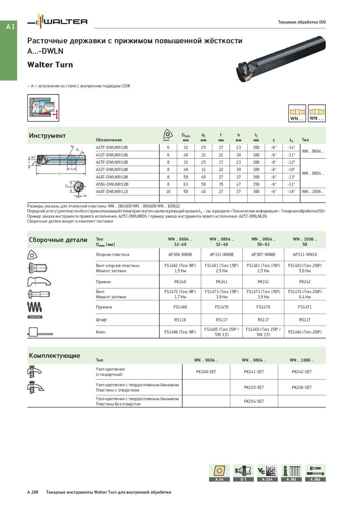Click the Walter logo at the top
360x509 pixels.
pyautogui.click(x=57, y=22)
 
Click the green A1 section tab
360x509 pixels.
pyautogui.click(x=10, y=27)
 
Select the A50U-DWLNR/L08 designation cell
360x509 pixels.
pyautogui.click(x=112, y=184)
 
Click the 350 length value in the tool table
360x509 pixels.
pyautogui.click(x=256, y=184)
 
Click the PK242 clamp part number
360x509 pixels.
pyautogui.click(x=305, y=282)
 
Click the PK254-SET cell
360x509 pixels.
pyautogui.click(x=254, y=401)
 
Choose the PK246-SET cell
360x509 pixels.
pyautogui.click(x=301, y=387)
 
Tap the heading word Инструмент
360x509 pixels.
pyautogui.click(x=47, y=136)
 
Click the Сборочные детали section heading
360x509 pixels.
pyautogui.click(x=58, y=240)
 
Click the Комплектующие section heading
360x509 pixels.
pyautogui.click(x=54, y=356)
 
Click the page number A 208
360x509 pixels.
pyautogui.click(x=32, y=492)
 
